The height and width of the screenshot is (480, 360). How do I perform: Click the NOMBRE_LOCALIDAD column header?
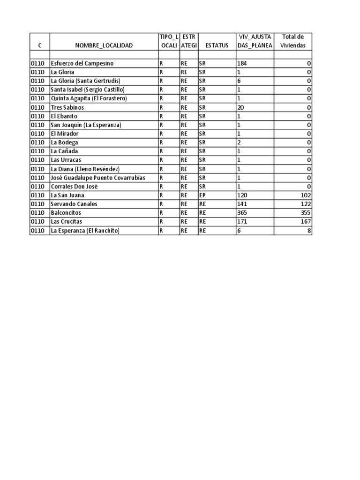click(104, 45)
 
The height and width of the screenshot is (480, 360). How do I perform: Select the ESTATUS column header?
click(217, 45)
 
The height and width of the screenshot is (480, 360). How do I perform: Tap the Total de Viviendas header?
click(292, 41)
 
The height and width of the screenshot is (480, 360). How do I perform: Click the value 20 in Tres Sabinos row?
click(241, 107)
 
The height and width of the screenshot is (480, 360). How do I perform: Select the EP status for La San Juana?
click(202, 195)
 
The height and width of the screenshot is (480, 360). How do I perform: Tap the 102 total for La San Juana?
click(306, 195)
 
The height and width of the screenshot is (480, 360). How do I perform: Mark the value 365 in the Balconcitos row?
click(242, 213)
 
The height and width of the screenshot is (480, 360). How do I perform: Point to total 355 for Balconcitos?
click(306, 213)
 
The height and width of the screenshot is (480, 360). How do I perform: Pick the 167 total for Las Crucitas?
click(306, 221)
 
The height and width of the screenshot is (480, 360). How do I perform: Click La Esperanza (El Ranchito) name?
click(85, 231)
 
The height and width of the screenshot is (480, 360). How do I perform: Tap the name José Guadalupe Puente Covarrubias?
click(97, 178)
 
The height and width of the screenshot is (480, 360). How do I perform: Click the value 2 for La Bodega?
click(239, 142)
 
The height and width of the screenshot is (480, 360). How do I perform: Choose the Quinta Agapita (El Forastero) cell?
click(89, 98)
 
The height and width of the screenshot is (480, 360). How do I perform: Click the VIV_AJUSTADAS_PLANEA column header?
click(255, 41)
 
